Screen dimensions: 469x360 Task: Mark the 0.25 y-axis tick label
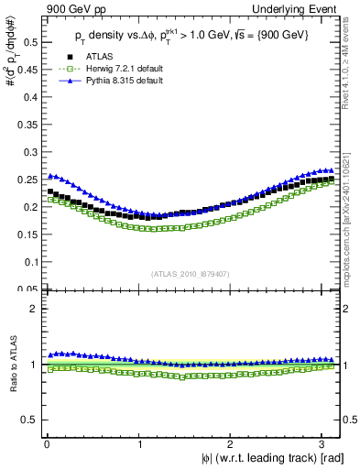point(27,180)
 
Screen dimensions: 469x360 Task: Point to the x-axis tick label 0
point(47,442)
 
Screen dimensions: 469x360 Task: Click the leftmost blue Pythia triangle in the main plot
point(49,176)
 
